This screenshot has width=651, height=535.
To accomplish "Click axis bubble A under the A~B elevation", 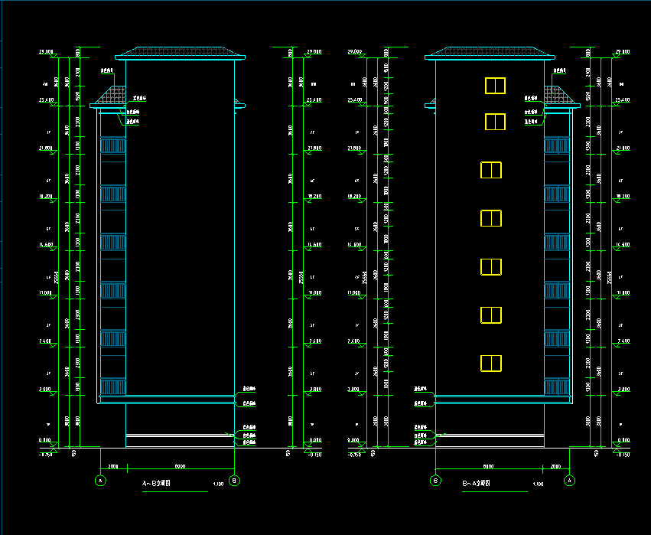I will click(100, 481).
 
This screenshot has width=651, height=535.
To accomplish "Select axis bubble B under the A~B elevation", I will click(235, 481).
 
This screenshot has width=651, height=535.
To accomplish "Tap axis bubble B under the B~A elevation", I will click(435, 481).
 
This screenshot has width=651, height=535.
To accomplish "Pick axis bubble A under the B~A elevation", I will click(569, 481).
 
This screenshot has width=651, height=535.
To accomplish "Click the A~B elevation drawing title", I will click(156, 484).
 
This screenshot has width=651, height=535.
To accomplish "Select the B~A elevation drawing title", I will click(475, 484).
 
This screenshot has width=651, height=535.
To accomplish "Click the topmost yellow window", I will click(496, 85).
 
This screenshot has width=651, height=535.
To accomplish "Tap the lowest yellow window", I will click(490, 363).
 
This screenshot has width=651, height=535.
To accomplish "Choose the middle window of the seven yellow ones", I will click(490, 218).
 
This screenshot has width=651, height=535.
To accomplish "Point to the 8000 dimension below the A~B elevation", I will click(181, 465).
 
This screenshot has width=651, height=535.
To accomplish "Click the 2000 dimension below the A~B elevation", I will click(112, 465).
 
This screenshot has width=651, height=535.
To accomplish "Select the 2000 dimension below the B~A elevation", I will click(556, 465).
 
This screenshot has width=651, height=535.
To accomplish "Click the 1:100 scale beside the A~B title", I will click(218, 484).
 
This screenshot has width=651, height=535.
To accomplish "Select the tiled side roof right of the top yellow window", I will click(558, 96).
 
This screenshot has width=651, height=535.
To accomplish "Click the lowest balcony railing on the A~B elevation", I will click(113, 387).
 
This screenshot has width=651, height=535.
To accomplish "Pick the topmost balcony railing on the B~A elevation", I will click(556, 148).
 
